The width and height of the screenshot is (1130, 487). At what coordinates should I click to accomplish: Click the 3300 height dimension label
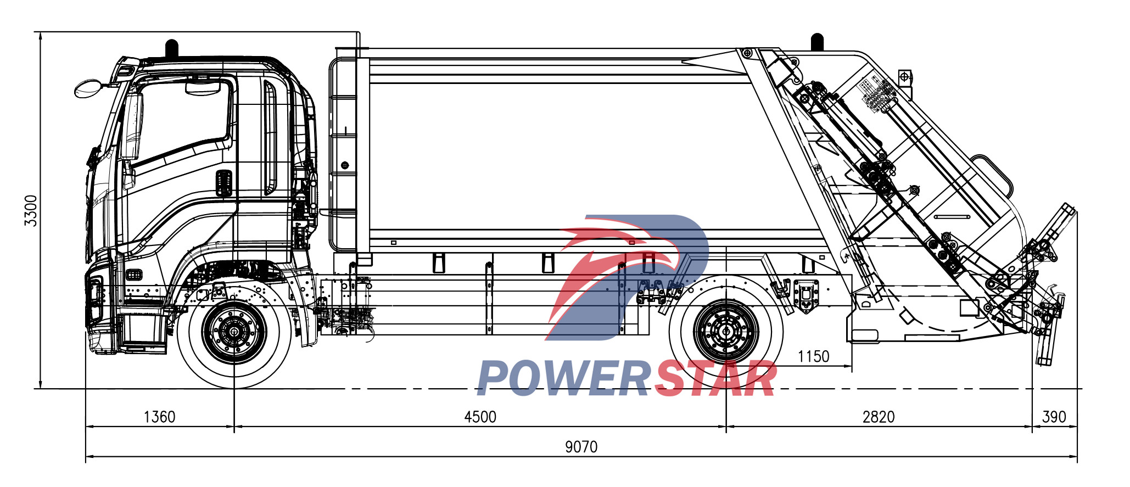(x=31, y=211)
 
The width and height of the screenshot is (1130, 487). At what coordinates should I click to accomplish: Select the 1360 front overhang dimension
(x=159, y=417)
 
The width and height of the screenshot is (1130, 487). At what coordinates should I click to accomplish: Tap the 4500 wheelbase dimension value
(x=480, y=417)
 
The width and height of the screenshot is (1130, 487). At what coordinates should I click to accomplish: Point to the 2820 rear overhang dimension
(x=879, y=417)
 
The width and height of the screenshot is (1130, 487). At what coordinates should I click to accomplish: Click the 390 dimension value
(x=1054, y=417)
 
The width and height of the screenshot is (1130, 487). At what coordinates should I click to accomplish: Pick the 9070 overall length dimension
(x=581, y=447)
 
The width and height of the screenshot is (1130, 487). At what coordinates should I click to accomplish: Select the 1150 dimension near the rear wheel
(x=813, y=357)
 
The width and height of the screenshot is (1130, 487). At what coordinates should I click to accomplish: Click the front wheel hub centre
(x=234, y=332)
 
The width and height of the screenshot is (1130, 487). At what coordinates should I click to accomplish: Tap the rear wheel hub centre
(x=726, y=332)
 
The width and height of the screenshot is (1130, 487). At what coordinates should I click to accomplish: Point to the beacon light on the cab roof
(x=172, y=48)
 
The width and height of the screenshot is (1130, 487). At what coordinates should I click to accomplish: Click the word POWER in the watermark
(x=563, y=379)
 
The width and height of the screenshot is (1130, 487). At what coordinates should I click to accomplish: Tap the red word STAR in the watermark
(x=715, y=379)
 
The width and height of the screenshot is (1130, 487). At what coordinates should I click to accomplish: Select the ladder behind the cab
(x=343, y=154)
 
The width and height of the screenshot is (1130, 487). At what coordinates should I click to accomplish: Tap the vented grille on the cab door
(x=223, y=183)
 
